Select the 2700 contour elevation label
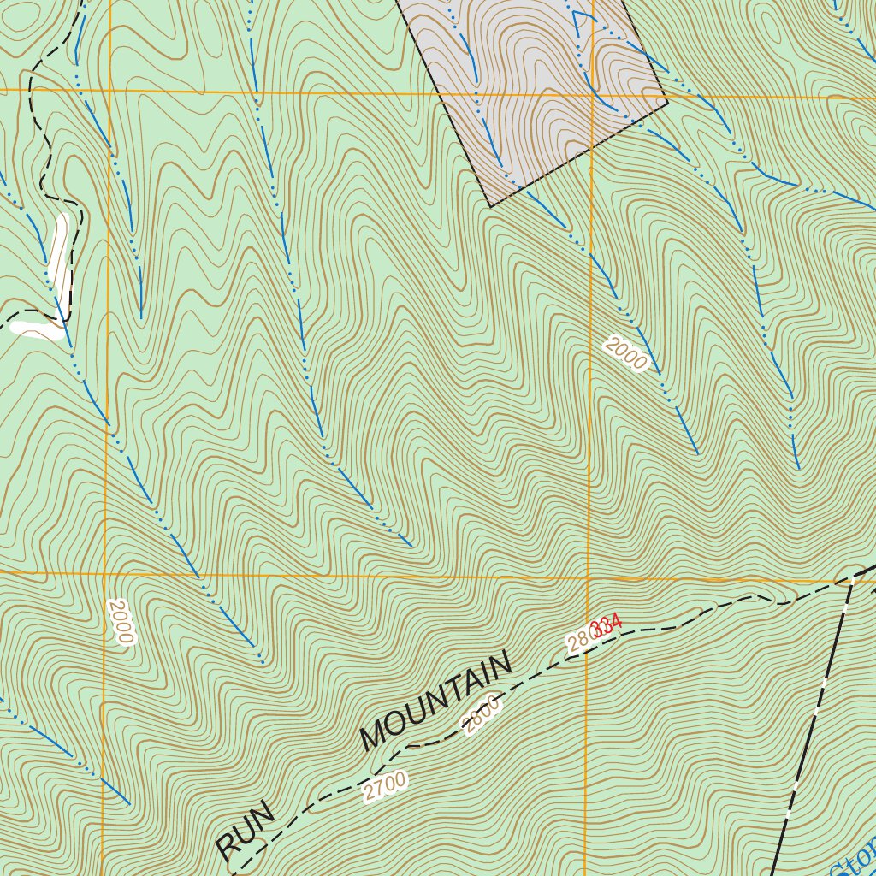point(384,787)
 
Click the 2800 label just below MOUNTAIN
point(482,715)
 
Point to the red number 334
point(607,627)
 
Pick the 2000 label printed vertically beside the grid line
point(121,621)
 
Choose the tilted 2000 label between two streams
point(625,354)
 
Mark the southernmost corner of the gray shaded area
point(489,206)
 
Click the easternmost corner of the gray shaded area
point(667,104)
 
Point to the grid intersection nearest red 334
point(588,577)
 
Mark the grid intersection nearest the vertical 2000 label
point(104,572)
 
